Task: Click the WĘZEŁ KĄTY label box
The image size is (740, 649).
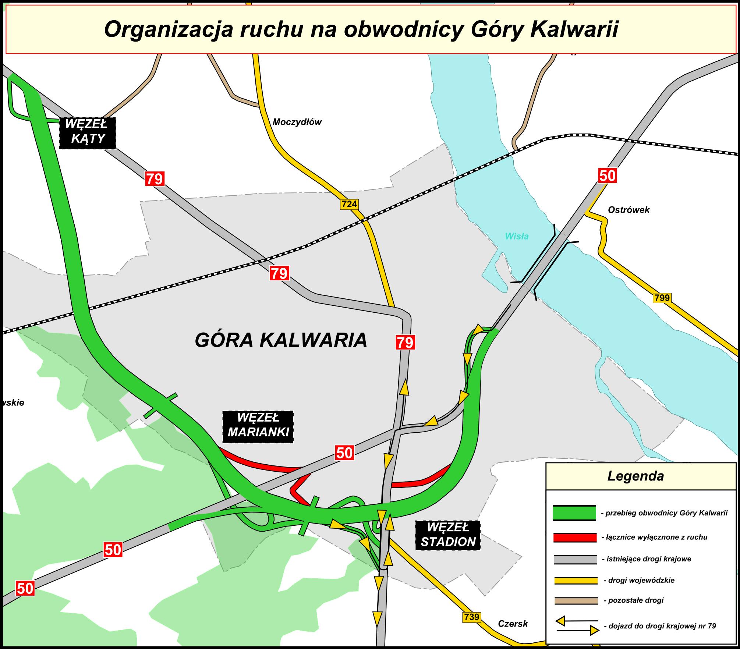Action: (88, 133)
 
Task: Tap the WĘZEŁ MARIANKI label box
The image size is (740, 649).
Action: (258, 427)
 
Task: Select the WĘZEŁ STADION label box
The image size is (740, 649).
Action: (448, 535)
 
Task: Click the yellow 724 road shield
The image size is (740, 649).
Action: (349, 204)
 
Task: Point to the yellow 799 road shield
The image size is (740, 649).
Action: (662, 297)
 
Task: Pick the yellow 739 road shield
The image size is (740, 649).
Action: (471, 617)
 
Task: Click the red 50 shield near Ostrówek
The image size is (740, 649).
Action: (607, 175)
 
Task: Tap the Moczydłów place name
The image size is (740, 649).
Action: (297, 122)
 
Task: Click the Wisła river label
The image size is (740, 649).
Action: (517, 236)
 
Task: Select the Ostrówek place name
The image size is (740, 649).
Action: (629, 210)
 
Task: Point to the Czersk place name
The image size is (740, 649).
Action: (513, 624)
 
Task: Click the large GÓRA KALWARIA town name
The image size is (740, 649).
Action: (281, 340)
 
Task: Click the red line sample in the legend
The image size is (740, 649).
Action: (575, 537)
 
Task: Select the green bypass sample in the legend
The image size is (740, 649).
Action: (574, 513)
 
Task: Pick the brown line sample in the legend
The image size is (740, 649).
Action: (576, 601)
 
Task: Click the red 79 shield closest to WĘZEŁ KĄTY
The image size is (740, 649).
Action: (155, 179)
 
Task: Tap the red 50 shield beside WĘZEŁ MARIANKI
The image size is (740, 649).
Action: (344, 453)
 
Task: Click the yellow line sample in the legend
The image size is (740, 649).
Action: (576, 580)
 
